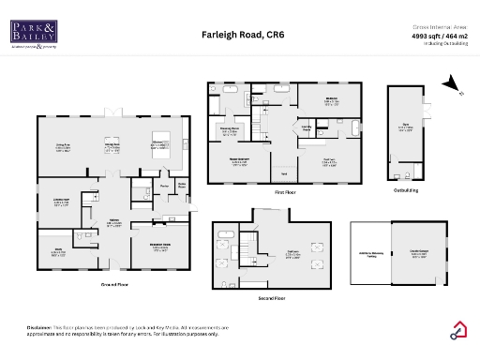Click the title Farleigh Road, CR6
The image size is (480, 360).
tap(243, 35)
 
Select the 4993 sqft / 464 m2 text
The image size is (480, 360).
tap(440, 37)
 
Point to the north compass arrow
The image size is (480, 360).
tap(455, 89)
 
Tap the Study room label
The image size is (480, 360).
tap(58, 252)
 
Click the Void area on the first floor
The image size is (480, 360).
tap(283, 173)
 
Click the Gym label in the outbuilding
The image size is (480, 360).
tap(405, 128)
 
